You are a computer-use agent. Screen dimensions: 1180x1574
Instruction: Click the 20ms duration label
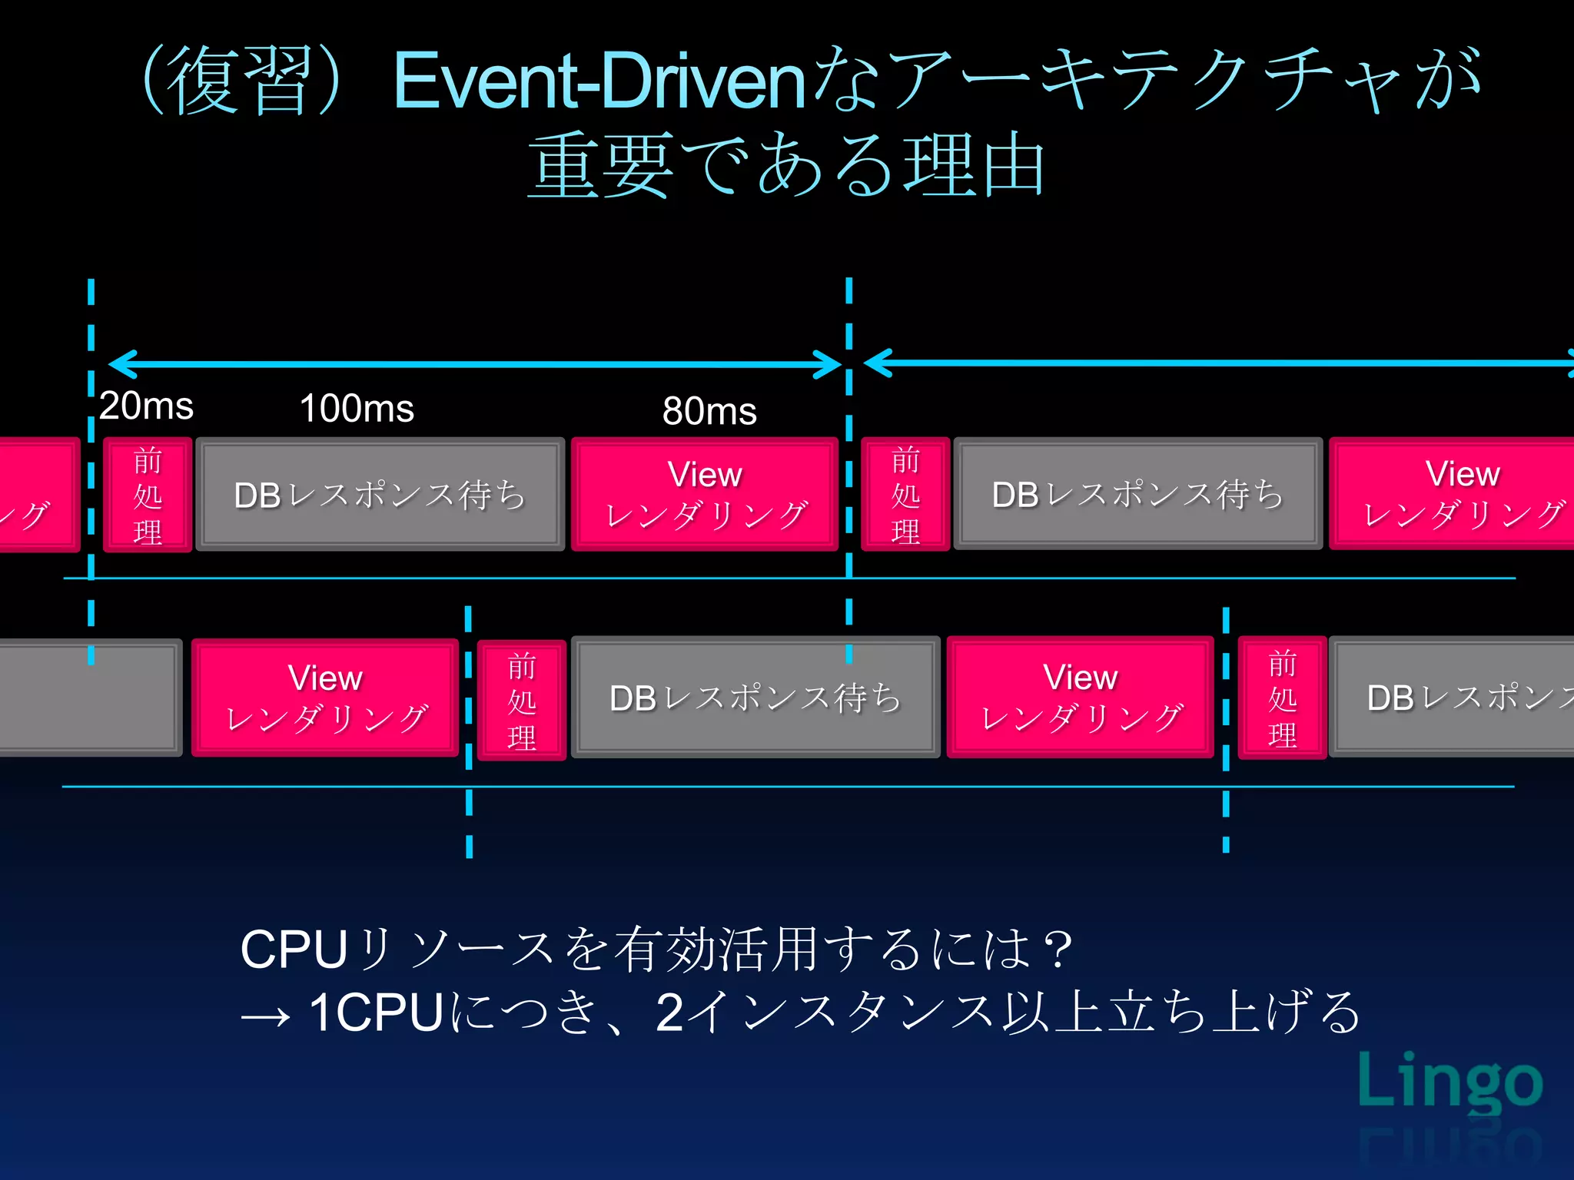146,406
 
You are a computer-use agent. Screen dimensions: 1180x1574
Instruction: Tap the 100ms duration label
357,408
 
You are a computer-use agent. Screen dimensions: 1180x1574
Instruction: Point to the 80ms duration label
709,410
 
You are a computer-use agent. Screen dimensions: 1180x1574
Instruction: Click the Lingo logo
1449,1082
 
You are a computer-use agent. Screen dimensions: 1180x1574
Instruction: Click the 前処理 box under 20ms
148,495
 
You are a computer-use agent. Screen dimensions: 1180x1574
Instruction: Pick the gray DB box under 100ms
380,495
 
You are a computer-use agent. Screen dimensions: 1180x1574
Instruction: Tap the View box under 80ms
705,495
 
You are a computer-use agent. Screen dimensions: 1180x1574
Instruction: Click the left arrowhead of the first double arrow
121,364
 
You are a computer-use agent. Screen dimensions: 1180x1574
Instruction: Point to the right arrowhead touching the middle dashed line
829,364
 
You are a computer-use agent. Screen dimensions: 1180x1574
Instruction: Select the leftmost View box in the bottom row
325,698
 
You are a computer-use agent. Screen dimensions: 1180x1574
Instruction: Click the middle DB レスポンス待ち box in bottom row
755,698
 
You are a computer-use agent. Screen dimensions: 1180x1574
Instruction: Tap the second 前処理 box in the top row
905,495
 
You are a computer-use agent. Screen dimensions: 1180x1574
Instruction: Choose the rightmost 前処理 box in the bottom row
1282,698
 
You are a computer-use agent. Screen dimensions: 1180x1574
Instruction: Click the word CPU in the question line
294,950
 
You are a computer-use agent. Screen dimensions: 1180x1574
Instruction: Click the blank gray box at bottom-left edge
88,698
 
